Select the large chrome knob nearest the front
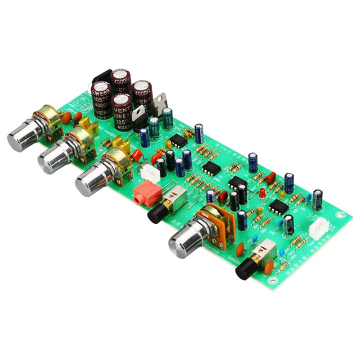point(185,241)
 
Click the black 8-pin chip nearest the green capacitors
point(177,140)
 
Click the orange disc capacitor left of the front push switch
point(240,248)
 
